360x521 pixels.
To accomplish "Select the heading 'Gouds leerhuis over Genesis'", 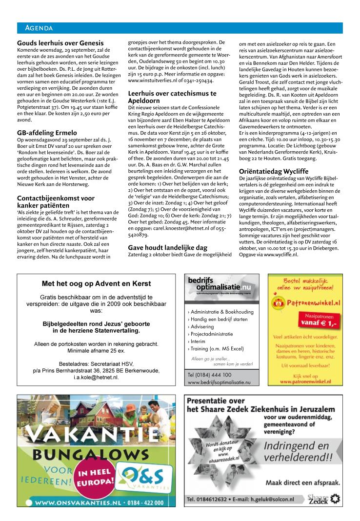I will (x=60, y=43).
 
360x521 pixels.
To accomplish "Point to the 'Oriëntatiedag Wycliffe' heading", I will (x=275, y=171).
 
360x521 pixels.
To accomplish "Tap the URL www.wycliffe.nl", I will (x=280, y=255).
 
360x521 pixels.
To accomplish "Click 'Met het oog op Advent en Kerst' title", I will (x=96, y=283).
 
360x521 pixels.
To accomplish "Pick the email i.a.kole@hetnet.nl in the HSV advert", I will (x=96, y=377).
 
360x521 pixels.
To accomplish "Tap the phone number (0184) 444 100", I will (x=210, y=375).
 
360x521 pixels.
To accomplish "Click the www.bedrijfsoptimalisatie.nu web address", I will (x=219, y=383).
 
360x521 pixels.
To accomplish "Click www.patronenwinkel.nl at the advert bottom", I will (x=310, y=382).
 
